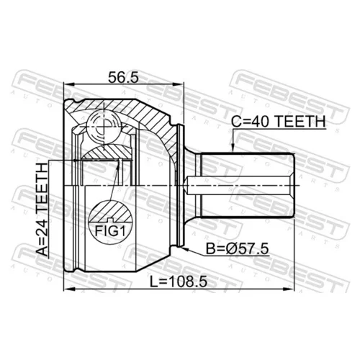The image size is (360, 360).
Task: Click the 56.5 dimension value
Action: [123, 78]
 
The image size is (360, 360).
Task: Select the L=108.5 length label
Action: [179, 282]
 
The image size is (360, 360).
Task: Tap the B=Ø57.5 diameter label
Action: [237, 249]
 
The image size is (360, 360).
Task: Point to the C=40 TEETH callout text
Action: [278, 122]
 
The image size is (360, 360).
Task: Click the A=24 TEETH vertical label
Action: [42, 210]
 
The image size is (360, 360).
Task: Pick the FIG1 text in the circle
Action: [110, 231]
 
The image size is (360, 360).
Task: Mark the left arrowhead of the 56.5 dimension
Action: [68, 84]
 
